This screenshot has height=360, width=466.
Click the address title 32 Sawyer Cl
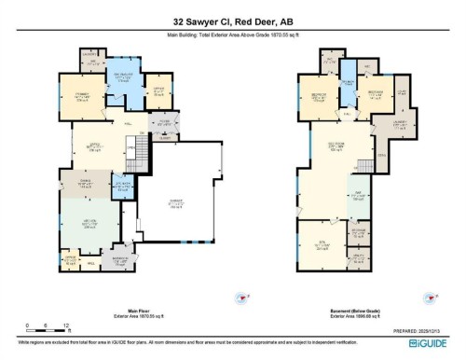click(233, 21)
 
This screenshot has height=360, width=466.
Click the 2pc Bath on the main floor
click(123, 185)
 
